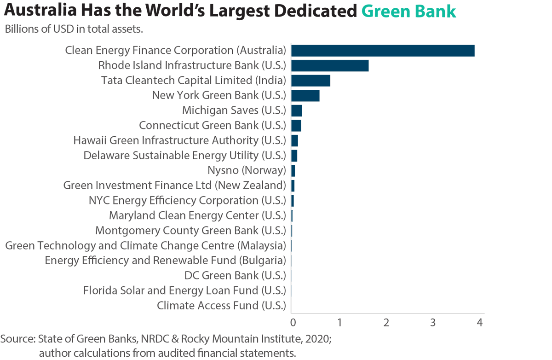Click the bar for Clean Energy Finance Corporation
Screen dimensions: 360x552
coord(383,51)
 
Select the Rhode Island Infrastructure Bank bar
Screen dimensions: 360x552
coord(330,65)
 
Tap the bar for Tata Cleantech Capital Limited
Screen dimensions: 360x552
coord(310,81)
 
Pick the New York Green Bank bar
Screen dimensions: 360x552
coord(305,96)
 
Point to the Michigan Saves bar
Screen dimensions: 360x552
coord(297,110)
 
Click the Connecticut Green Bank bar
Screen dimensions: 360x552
coord(296,126)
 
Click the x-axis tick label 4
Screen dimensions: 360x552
coord(480,323)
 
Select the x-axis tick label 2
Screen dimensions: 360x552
coord(386,323)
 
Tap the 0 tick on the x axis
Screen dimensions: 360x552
coord(292,323)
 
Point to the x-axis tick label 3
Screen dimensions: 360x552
coord(433,323)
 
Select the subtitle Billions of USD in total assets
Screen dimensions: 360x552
coord(74,30)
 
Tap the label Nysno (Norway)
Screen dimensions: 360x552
coord(247,170)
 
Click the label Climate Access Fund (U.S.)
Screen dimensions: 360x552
coord(221,305)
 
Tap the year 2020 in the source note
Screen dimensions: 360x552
coord(317,340)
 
